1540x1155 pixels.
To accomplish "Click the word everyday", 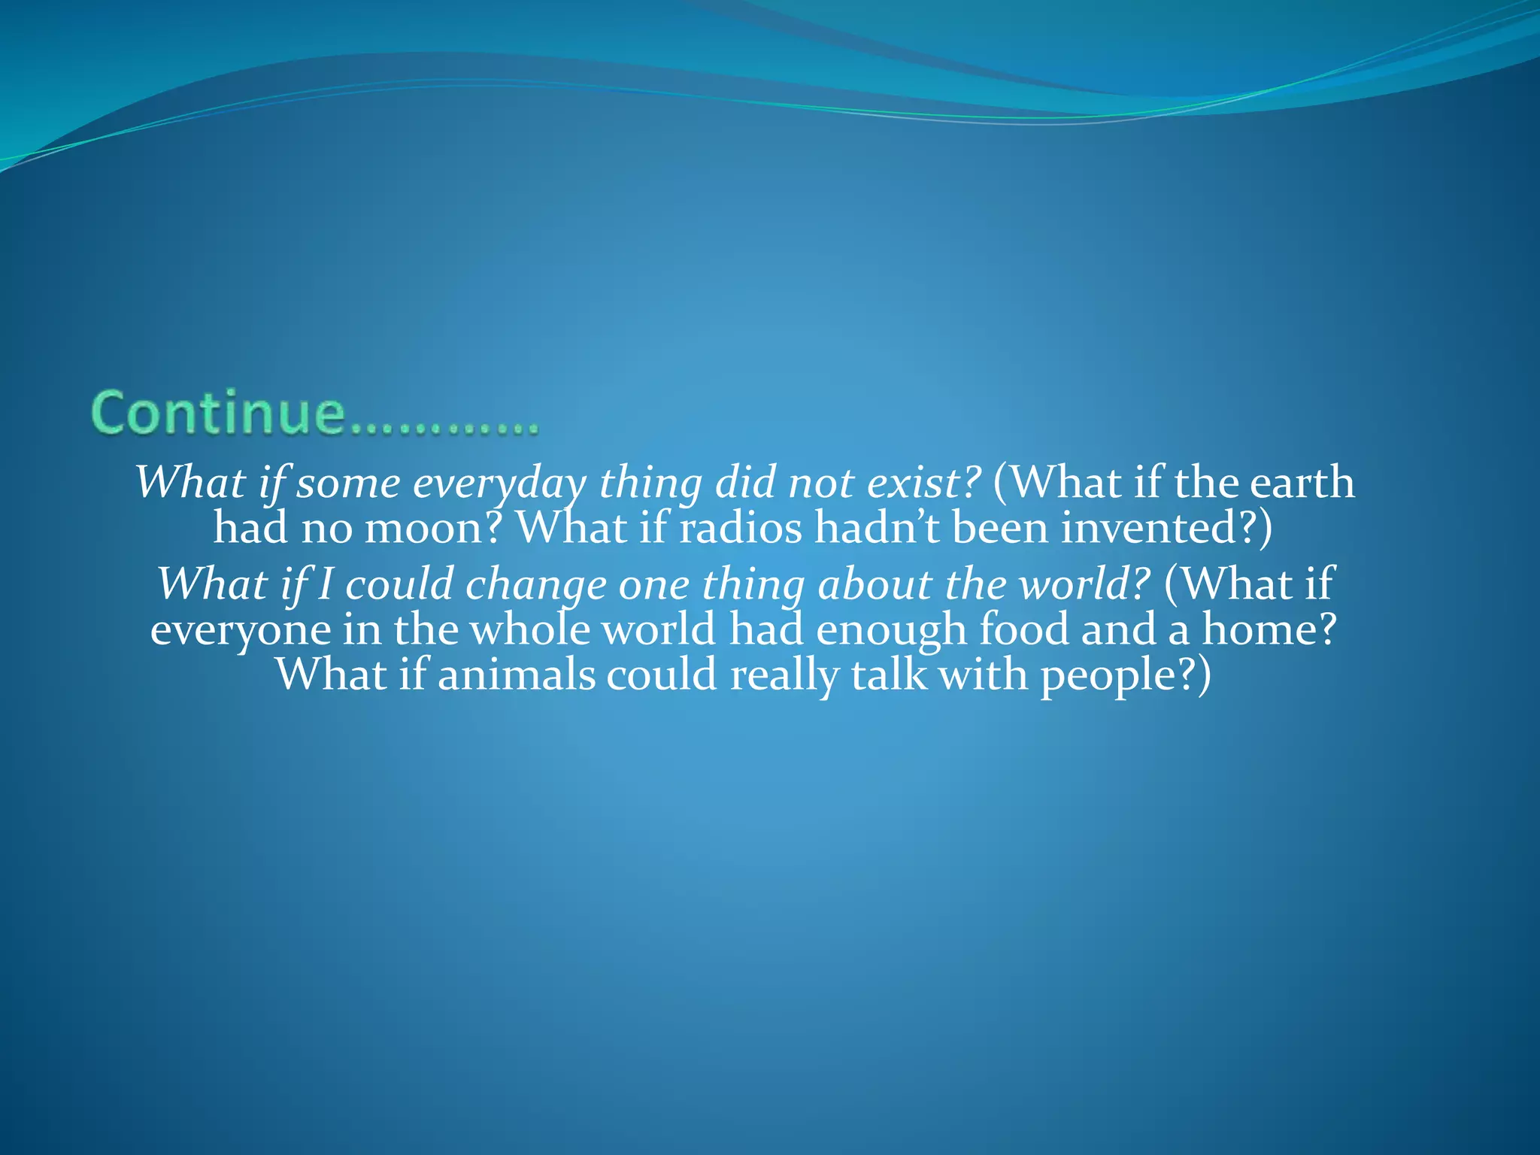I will point(499,483).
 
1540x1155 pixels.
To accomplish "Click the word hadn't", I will point(878,528).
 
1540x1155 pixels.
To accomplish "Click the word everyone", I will point(241,630).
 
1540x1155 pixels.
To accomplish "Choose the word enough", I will point(891,630).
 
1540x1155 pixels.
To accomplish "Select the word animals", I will point(516,675).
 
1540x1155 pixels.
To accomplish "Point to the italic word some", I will point(348,483).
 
